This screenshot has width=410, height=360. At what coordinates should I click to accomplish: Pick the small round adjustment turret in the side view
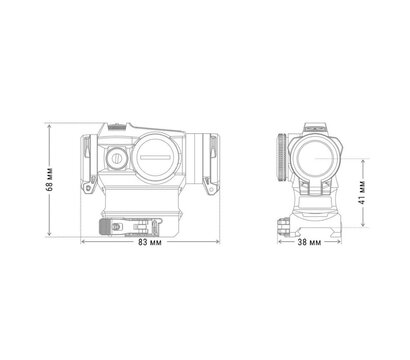114,157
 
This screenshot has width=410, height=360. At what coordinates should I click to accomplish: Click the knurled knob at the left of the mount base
107,227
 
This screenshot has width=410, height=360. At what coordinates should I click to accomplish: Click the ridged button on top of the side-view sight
113,126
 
